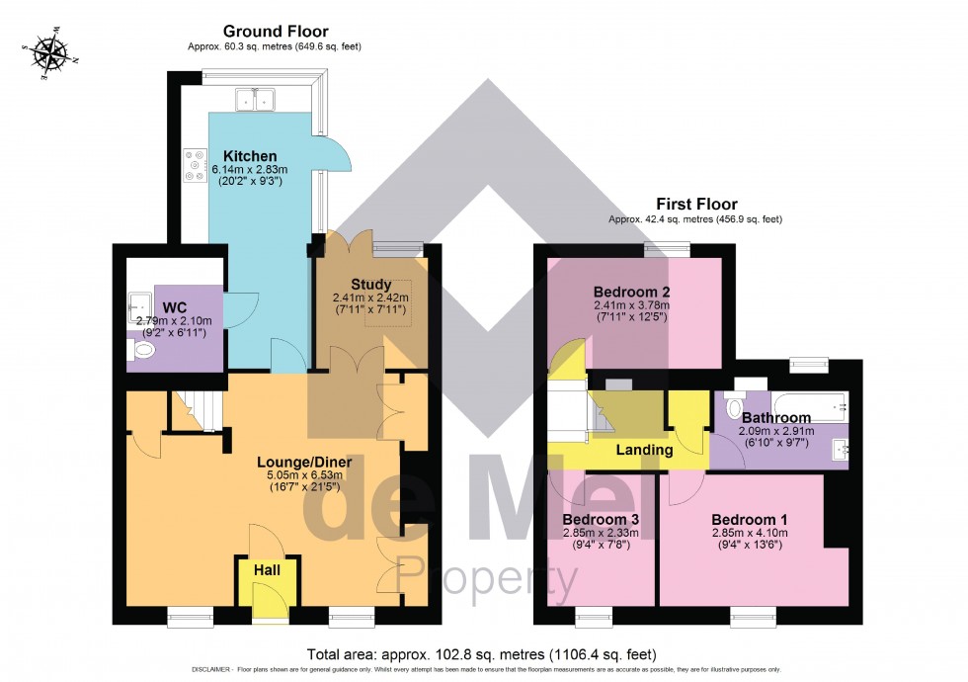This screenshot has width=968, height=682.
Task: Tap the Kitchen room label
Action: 250,156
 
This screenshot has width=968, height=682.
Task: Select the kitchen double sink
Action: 256,98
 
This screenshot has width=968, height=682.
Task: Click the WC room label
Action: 175,307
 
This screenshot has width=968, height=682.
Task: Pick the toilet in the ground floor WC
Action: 138,345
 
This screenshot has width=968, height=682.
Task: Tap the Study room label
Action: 370,285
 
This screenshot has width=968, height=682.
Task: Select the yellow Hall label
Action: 268,570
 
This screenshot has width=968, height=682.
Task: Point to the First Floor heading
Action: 702,205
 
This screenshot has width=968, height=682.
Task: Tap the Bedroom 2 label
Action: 632,292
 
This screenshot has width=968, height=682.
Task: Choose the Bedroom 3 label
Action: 601,519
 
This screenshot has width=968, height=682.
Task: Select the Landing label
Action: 644,450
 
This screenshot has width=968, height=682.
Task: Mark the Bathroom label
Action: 776,418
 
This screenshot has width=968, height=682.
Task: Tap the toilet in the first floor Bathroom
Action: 734,406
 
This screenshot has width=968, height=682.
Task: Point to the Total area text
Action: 482,654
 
